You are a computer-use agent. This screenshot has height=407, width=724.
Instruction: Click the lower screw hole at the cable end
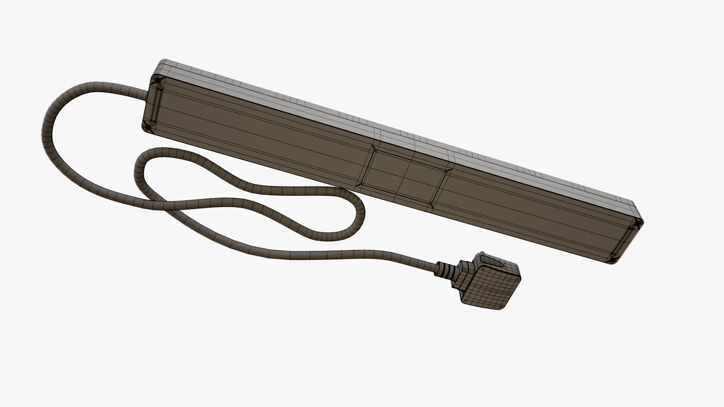coord(148,127)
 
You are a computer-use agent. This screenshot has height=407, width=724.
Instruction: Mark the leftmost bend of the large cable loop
coord(44,128)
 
